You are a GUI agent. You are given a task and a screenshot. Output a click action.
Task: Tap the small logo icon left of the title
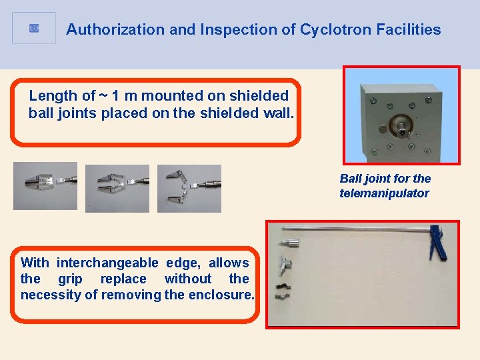click(x=34, y=28)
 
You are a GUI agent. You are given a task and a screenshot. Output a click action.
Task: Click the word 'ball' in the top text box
click(x=41, y=113)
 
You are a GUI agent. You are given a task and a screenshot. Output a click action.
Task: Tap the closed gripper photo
click(x=45, y=186)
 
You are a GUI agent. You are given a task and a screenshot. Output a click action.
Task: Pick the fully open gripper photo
click(x=189, y=189)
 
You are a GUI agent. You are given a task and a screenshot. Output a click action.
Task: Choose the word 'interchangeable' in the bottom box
click(x=107, y=263)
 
